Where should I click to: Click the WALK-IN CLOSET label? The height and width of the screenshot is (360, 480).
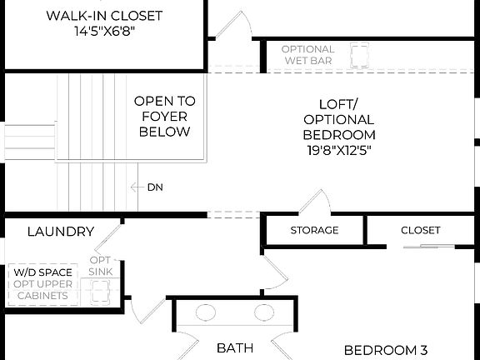pyautogui.click(x=104, y=16)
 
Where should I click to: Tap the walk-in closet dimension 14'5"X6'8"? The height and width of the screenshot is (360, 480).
pyautogui.click(x=104, y=32)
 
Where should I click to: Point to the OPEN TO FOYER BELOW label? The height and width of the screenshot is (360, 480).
pyautogui.click(x=164, y=116)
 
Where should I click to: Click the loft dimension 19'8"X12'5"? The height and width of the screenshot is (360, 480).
pyautogui.click(x=338, y=151)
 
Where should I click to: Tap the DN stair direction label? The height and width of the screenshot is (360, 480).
pyautogui.click(x=155, y=187)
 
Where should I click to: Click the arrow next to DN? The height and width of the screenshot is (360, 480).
pyautogui.click(x=136, y=187)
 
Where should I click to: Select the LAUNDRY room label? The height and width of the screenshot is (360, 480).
pyautogui.click(x=61, y=232)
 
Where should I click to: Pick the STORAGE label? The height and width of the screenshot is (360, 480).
pyautogui.click(x=314, y=231)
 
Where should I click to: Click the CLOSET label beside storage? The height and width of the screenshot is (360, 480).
pyautogui.click(x=420, y=231)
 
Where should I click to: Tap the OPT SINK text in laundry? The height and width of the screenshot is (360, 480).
pyautogui.click(x=101, y=267)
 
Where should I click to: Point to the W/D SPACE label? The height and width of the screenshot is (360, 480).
pyautogui.click(x=42, y=272)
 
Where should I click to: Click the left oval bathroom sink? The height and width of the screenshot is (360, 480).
pyautogui.click(x=206, y=314)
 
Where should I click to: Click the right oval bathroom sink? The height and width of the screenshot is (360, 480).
pyautogui.click(x=259, y=314)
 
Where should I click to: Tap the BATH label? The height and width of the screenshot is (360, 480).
pyautogui.click(x=234, y=348)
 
